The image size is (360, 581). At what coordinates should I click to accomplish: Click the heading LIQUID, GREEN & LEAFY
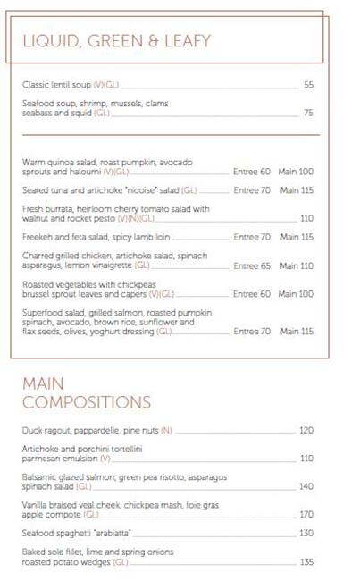116,40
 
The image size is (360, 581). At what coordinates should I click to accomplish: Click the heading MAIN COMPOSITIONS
87,392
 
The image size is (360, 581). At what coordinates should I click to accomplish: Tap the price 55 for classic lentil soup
308,85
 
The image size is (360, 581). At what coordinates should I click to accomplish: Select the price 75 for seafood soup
308,114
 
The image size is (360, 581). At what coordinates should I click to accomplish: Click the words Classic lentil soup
56,85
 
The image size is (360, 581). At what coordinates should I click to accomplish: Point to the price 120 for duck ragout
306,430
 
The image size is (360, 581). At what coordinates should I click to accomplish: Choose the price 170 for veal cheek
306,515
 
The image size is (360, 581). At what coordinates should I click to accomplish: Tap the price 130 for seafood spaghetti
306,533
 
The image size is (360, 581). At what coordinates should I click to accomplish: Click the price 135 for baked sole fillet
306,562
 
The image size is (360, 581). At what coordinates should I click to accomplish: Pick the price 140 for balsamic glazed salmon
306,487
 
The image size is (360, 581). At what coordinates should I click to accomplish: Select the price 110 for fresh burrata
306,218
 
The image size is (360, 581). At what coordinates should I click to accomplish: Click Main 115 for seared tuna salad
297,190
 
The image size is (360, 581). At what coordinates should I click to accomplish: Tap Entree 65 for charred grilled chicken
252,265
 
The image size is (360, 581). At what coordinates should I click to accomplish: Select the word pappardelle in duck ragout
98,430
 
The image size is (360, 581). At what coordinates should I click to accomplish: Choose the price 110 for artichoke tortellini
306,458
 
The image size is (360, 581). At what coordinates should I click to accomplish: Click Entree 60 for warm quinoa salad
252,172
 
